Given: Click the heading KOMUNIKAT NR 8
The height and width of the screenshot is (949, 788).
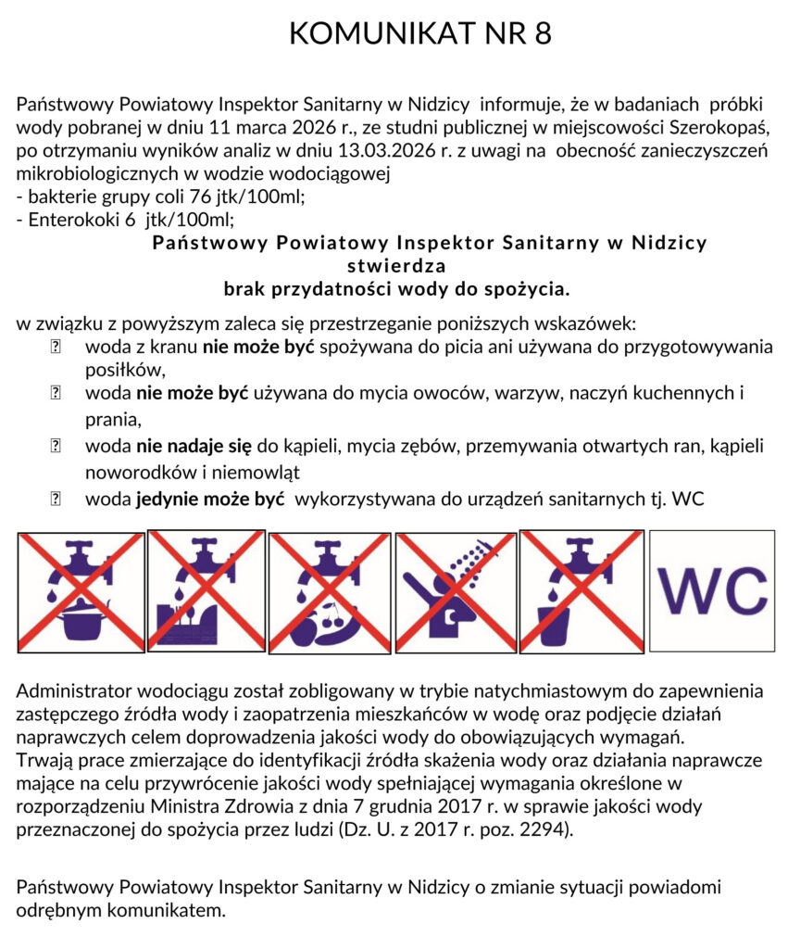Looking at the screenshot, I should click(419, 33).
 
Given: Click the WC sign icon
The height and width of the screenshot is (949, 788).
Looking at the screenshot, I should click(711, 590).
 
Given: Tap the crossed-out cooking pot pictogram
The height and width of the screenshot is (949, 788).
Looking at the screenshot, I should click(81, 591).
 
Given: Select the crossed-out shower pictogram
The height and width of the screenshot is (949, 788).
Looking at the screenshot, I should click(454, 591).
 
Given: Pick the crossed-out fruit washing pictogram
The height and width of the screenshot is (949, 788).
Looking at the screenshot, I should click(329, 591).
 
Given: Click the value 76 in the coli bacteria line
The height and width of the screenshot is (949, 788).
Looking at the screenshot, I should click(199, 196).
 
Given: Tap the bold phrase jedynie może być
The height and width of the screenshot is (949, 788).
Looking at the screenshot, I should click(209, 500).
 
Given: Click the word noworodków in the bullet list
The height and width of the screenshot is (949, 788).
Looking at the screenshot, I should click(137, 472).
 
